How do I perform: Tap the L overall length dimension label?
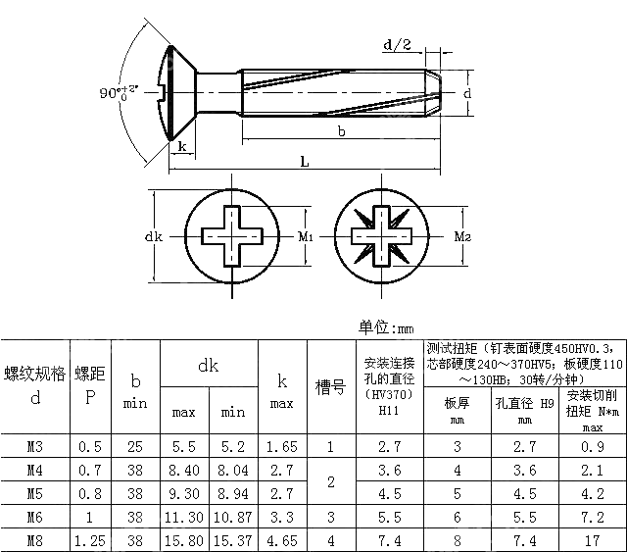[x=305, y=164]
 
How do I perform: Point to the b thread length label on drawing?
[x=340, y=130]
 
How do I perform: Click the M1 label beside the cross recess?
[x=305, y=236]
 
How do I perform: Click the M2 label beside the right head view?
[x=463, y=236]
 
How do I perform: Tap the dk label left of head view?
[x=152, y=236]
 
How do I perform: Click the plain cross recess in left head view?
[x=232, y=236]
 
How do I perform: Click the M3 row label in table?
[x=35, y=447]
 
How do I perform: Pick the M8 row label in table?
[x=35, y=539]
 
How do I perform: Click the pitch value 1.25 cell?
[x=90, y=539]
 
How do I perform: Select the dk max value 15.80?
[x=184, y=539]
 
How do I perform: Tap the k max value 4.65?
[x=281, y=539]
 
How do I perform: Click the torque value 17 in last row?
[x=593, y=539]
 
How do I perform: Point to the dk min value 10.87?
[x=233, y=517]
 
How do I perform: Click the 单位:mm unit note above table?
[x=387, y=327]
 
